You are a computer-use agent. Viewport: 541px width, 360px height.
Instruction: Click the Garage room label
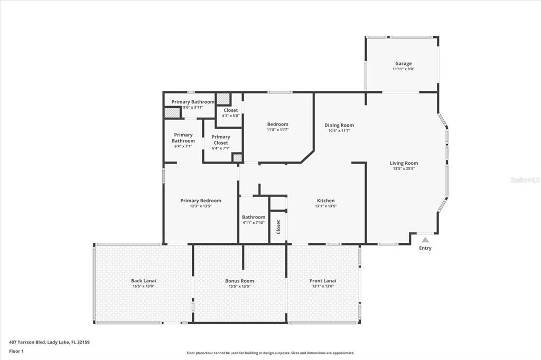(x=403, y=63)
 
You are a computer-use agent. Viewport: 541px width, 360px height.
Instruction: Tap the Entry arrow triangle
(x=425, y=240)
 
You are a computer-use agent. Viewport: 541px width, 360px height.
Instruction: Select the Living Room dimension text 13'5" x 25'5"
(x=404, y=169)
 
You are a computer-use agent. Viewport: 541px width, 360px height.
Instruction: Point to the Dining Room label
(x=339, y=125)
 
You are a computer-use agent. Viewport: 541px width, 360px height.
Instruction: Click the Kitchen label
(x=325, y=201)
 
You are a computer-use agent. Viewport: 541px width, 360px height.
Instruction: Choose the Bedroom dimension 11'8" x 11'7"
(x=277, y=129)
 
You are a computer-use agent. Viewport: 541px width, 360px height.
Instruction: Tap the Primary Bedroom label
(x=200, y=201)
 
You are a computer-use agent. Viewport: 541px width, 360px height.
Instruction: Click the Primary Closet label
(x=221, y=140)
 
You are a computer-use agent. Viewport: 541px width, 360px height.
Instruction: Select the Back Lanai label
(x=143, y=281)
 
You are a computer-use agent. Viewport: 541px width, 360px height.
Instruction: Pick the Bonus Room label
(x=239, y=281)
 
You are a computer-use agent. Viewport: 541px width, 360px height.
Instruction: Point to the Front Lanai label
(x=323, y=281)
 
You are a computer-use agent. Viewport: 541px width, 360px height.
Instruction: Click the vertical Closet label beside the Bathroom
(x=278, y=227)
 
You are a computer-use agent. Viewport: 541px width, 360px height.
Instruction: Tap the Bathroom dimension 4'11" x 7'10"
(x=254, y=222)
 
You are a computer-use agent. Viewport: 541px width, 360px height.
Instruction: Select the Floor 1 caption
(x=17, y=351)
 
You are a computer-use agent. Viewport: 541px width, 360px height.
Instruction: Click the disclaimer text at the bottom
(x=270, y=353)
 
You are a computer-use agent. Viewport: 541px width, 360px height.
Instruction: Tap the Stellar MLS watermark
(x=525, y=180)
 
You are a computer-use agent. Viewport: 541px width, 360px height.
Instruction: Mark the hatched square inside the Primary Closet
(x=238, y=157)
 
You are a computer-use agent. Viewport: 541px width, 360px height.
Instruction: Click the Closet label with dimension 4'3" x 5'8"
(x=230, y=110)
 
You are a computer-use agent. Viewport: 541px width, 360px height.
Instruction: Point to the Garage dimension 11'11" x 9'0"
(x=403, y=69)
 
